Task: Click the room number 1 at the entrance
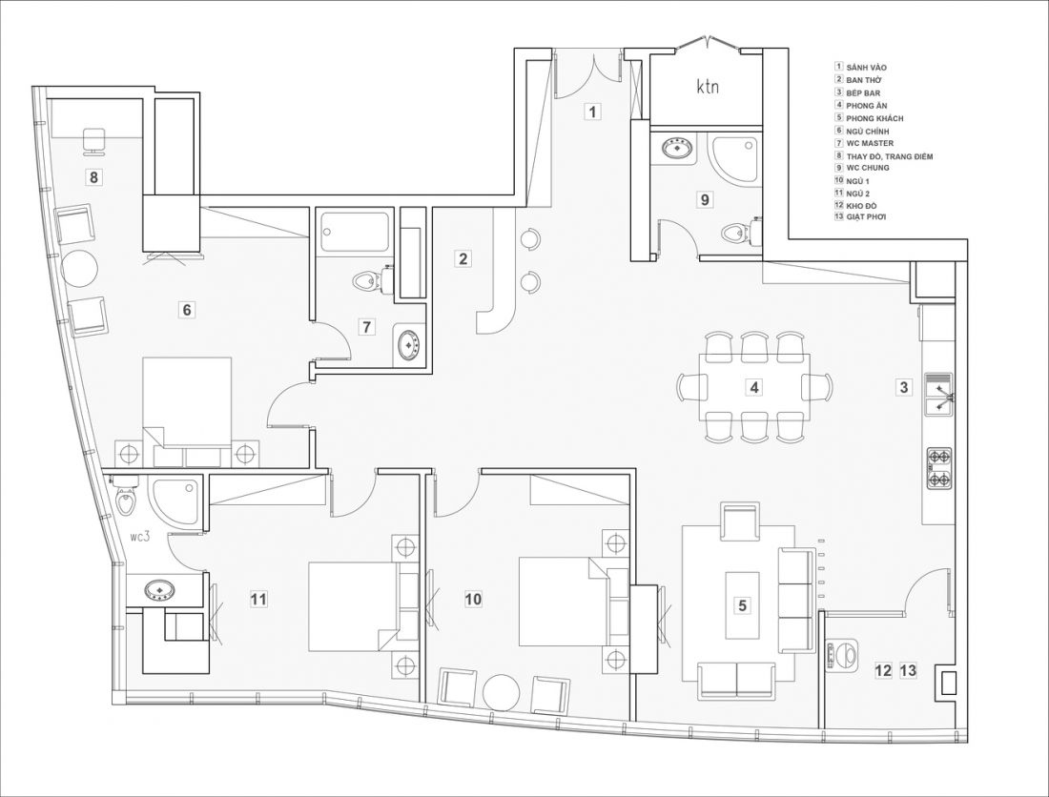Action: [592, 111]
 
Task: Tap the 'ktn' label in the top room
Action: [708, 86]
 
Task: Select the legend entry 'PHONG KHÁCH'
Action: [874, 118]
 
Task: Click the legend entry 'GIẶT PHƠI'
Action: [866, 217]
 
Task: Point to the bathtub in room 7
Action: [354, 233]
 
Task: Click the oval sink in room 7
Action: [408, 345]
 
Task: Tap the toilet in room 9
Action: [738, 232]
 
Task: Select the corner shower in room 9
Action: [734, 160]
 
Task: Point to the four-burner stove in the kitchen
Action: [937, 469]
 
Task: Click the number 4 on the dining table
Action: [754, 386]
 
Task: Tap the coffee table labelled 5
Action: [742, 605]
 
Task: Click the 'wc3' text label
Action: [140, 537]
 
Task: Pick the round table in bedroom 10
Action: [501, 693]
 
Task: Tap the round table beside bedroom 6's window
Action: [79, 269]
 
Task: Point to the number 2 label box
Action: [463, 258]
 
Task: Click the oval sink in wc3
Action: [160, 590]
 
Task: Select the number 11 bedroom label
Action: [258, 599]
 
